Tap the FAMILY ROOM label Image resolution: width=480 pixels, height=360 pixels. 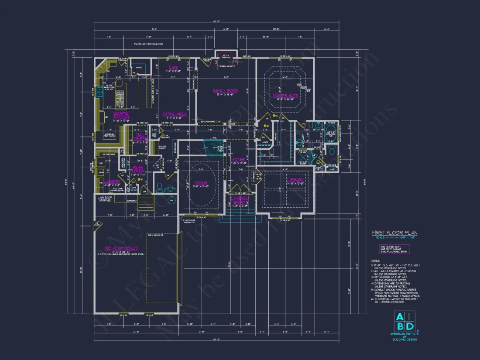pyautogui.click(x=225, y=91)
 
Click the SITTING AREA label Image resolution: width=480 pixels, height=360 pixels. pyautogui.click(x=175, y=114)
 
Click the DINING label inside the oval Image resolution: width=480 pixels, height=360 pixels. pyautogui.click(x=201, y=183)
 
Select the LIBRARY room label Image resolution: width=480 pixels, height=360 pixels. pyautogui.click(x=295, y=180)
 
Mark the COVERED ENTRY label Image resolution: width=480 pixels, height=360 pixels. pyautogui.click(x=239, y=201)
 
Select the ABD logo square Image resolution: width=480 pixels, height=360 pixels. pyautogui.click(x=405, y=322)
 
